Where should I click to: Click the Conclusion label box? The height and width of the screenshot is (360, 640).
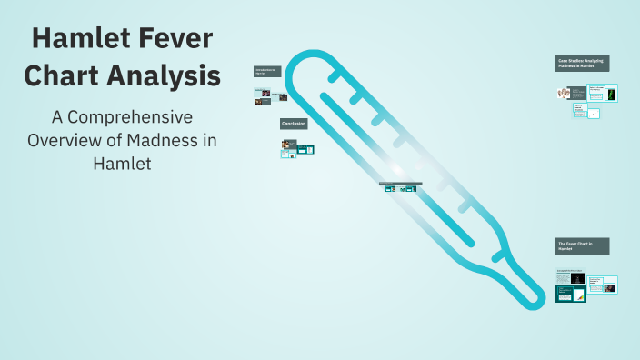294,123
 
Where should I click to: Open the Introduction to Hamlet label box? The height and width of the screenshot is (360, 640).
267,71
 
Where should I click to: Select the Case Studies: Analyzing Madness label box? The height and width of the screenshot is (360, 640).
582,63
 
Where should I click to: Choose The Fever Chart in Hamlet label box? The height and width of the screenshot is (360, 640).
582,245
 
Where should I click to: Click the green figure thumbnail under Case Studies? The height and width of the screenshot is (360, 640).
612,93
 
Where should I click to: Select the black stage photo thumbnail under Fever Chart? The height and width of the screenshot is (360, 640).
577,277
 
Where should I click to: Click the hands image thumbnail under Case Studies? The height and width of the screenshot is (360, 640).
565,93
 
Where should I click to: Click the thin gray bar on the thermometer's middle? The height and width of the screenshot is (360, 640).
398,183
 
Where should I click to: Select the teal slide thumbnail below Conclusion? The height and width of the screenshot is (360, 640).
306,149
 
